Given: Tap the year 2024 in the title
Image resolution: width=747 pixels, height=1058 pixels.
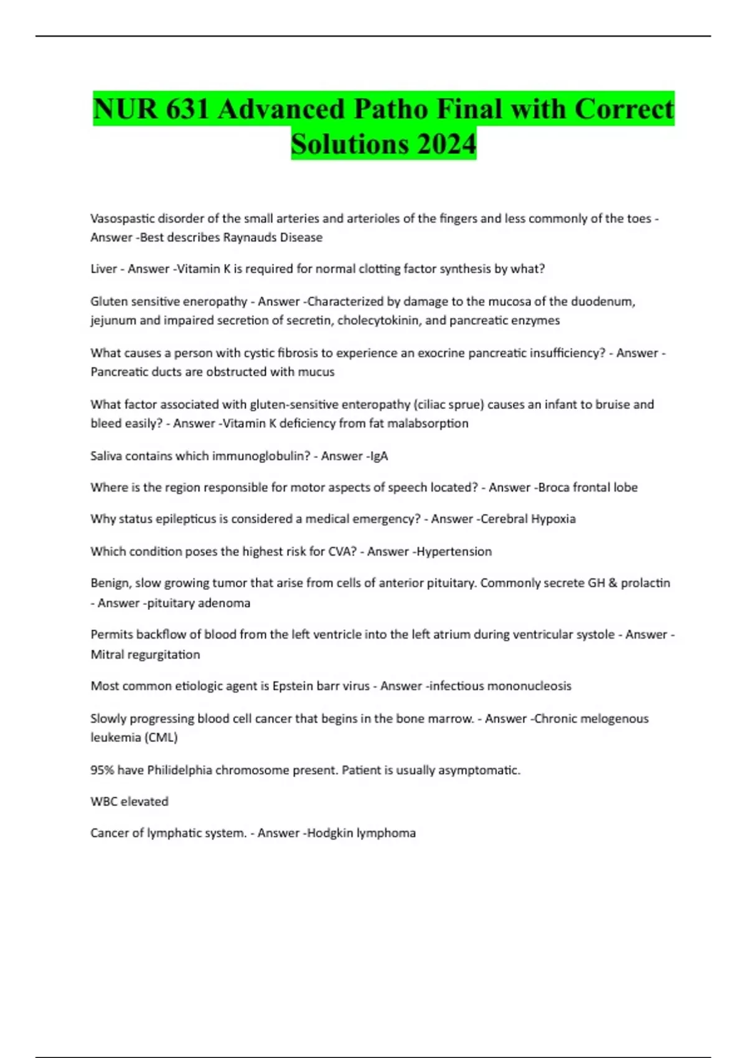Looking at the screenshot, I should [447, 144].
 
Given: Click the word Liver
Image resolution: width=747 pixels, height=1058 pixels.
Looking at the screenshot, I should [103, 269].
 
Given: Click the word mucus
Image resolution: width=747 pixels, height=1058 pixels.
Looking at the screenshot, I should [319, 372].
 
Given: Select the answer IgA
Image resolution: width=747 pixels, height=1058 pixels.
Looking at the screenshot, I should [378, 456].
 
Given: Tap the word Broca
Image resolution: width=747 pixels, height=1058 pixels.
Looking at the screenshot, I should [553, 487].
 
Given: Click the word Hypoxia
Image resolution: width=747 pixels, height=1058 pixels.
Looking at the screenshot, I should [552, 519].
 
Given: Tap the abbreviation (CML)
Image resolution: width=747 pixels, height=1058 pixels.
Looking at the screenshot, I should [161, 737].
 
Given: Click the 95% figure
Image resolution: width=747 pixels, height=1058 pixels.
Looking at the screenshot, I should [102, 770].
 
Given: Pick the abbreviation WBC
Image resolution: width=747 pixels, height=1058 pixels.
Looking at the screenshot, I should [103, 802].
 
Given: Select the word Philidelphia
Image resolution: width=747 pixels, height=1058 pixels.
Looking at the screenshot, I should [179, 770].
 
